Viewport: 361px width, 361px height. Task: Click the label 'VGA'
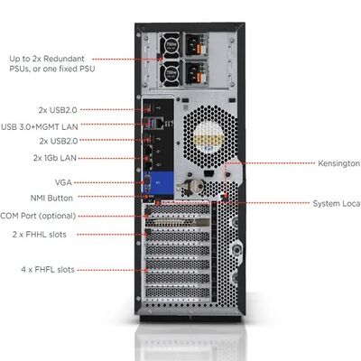(63, 181)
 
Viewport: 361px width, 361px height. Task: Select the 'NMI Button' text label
(51, 197)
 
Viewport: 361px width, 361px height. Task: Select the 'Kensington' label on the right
(338, 164)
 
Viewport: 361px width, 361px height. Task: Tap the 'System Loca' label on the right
(336, 203)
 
